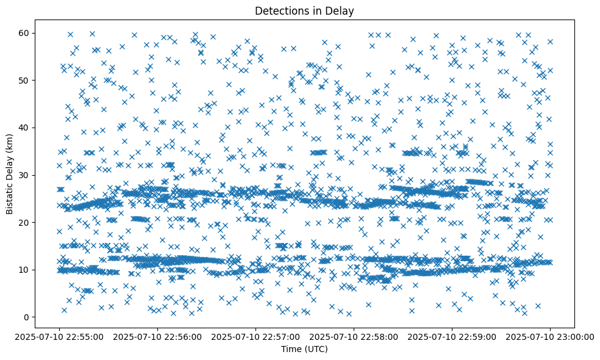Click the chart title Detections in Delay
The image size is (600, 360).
pos(304,10)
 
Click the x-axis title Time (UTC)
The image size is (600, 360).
pos(304,349)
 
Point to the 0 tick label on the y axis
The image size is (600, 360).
pos(27,317)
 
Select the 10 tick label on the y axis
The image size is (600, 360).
pos(24,270)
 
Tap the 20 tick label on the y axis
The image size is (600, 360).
pos(24,222)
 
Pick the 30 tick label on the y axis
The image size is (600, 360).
pos(24,175)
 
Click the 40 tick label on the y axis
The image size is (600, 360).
pos(24,128)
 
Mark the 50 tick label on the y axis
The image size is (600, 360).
pos(24,80)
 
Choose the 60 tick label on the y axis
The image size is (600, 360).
pos(24,33)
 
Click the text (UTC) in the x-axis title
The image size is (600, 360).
pos(316,349)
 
